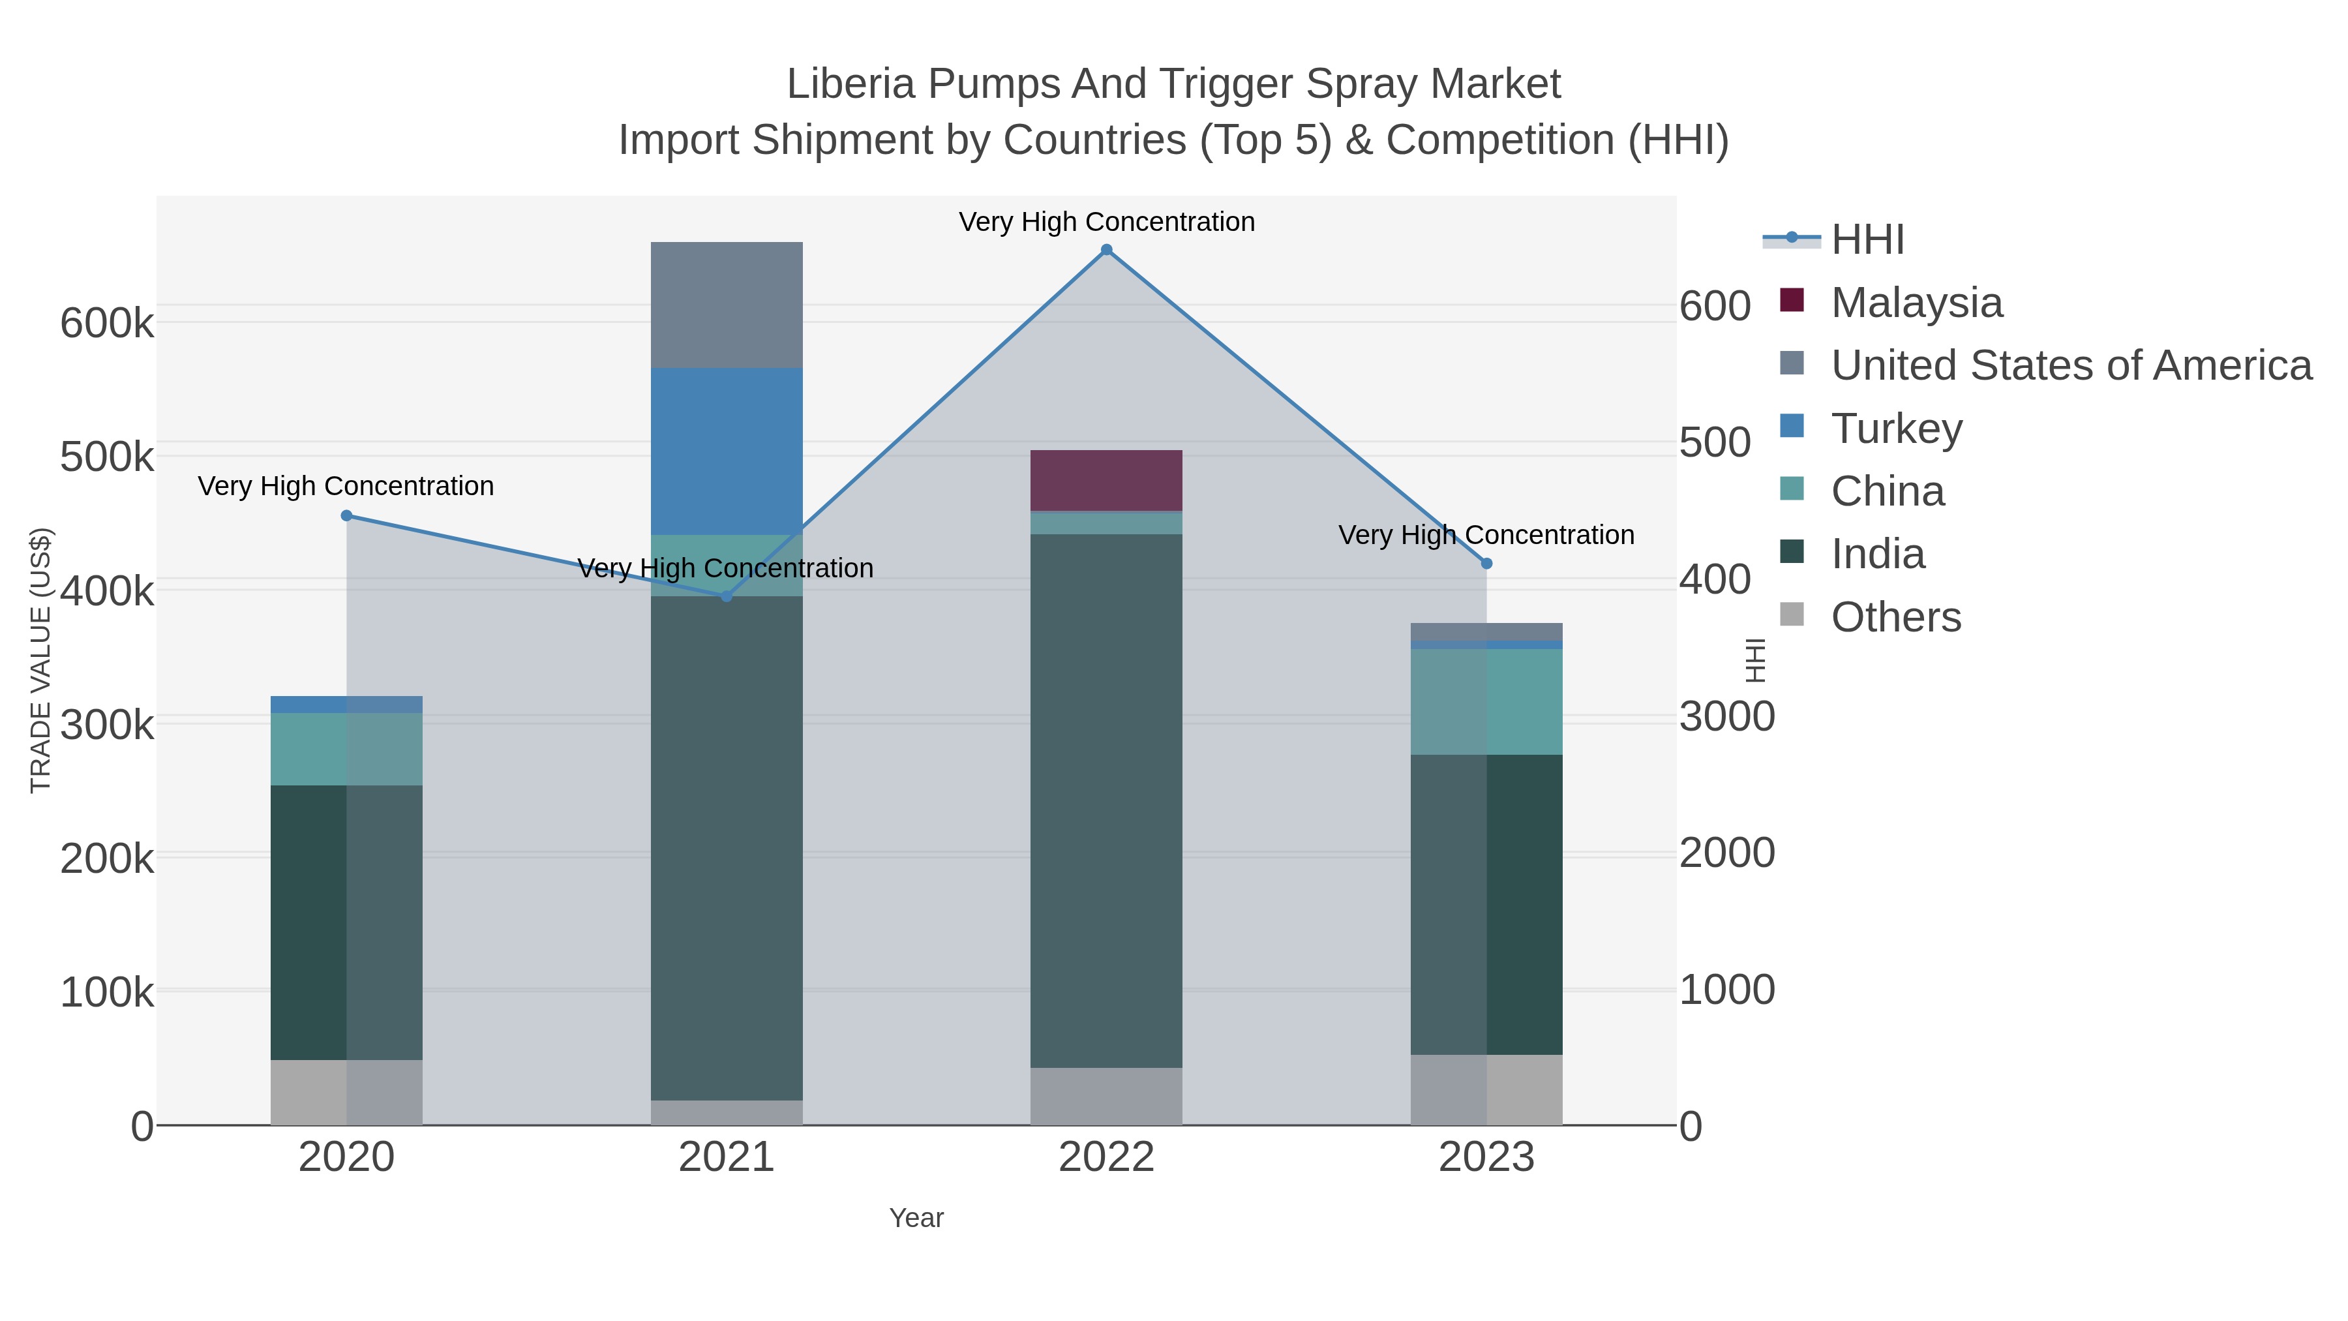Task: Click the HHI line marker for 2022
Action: click(x=1107, y=250)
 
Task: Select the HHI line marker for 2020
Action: click(x=346, y=516)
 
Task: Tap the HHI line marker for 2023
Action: click(x=1486, y=564)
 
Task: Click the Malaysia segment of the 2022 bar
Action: click(x=1107, y=480)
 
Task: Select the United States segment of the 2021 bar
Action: click(x=727, y=305)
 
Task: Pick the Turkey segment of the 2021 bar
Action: click(x=727, y=451)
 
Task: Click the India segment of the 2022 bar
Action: click(x=1107, y=800)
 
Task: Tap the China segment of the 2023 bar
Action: click(x=1486, y=701)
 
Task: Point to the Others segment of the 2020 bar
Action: click(x=346, y=1092)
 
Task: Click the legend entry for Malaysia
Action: click(x=1916, y=303)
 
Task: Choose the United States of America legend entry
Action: click(x=2071, y=365)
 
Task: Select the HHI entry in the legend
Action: click(x=1867, y=240)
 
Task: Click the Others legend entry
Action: click(x=1896, y=617)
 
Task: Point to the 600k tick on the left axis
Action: click(x=107, y=323)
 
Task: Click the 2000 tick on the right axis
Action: click(x=1727, y=853)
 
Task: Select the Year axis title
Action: click(x=916, y=1218)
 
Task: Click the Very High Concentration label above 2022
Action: click(x=1107, y=222)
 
